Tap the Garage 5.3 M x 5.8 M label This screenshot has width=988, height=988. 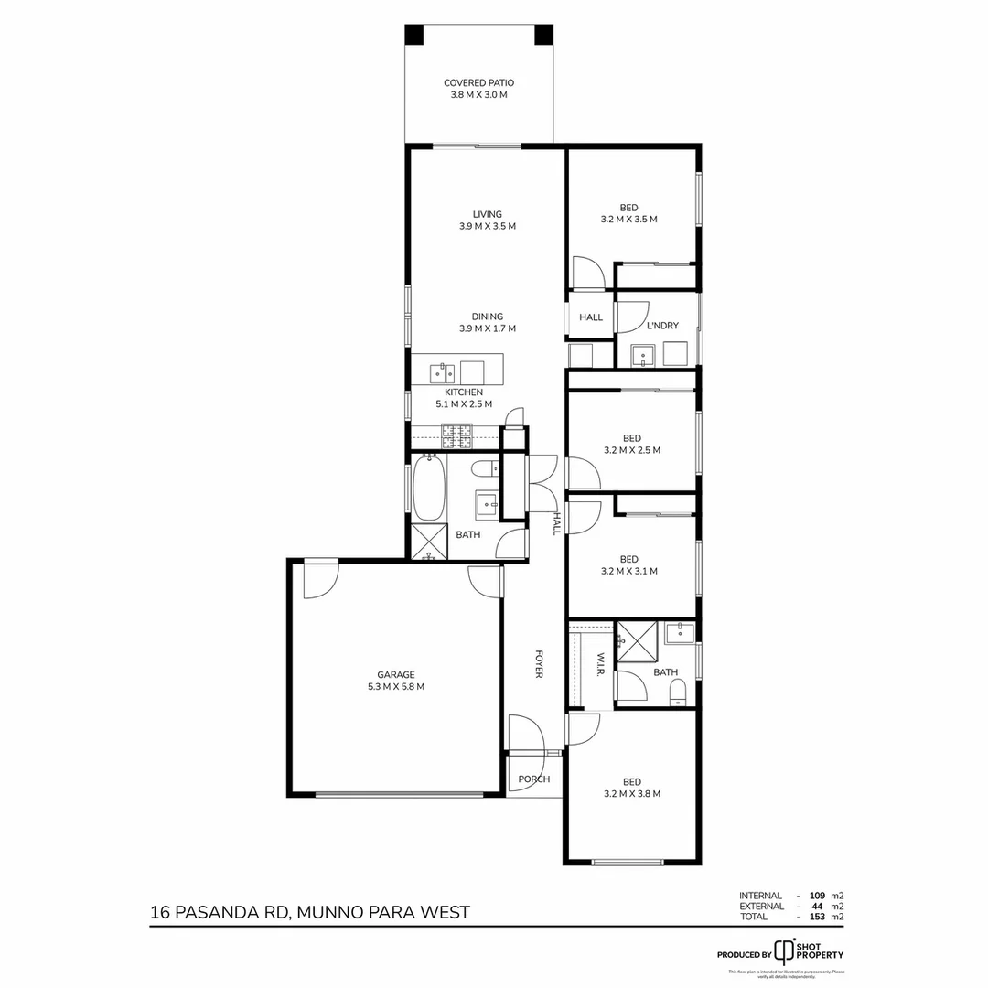tap(396, 681)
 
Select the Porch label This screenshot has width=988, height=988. tap(534, 779)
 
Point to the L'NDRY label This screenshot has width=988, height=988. tap(661, 326)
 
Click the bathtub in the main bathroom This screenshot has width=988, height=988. tap(428, 489)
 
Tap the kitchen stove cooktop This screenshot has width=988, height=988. tap(456, 436)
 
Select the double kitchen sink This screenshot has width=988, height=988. tap(443, 372)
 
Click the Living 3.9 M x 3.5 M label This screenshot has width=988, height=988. tap(488, 220)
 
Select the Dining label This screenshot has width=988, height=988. tap(488, 317)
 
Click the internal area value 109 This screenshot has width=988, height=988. tap(810, 896)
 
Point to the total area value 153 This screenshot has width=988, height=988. tap(810, 916)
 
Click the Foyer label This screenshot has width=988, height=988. tap(539, 664)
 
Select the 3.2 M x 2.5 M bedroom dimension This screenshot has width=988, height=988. tap(631, 450)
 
